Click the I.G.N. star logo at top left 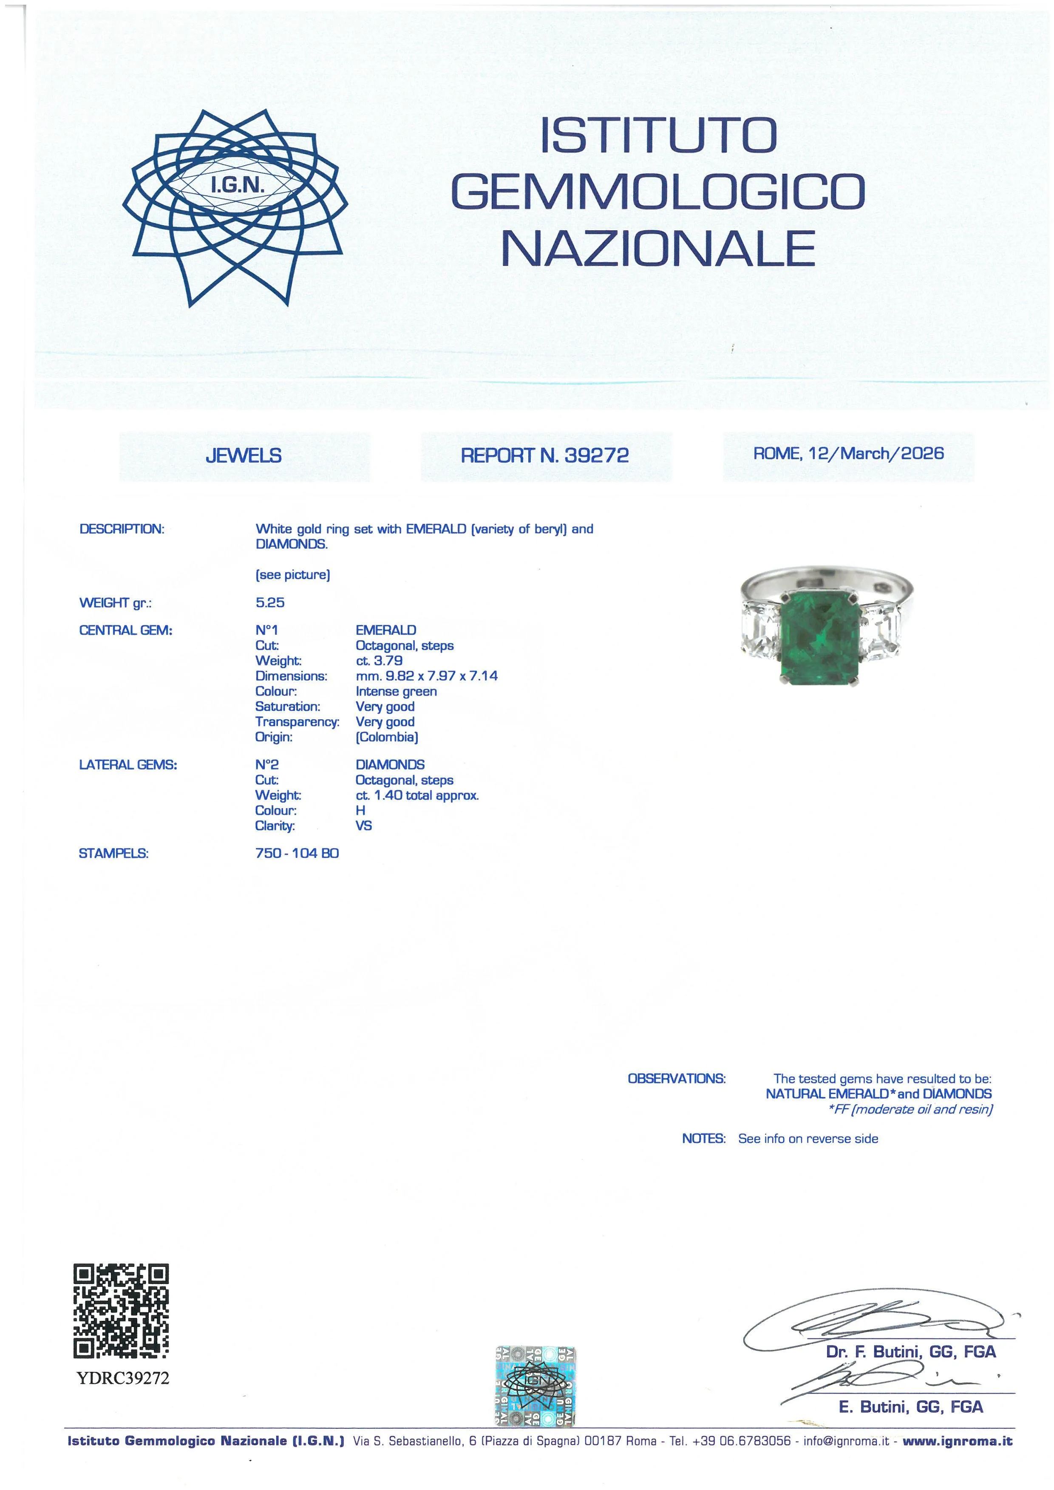tap(235, 207)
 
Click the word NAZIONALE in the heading tap(657, 249)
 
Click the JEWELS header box tap(244, 456)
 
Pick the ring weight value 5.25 tap(270, 602)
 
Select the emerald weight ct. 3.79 tap(379, 661)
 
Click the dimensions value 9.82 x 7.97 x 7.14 tap(441, 676)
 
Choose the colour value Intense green tap(396, 691)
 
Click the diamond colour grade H tap(360, 811)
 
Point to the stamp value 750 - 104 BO tap(297, 854)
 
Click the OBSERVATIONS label tap(676, 1079)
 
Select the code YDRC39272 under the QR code tap(123, 1378)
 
